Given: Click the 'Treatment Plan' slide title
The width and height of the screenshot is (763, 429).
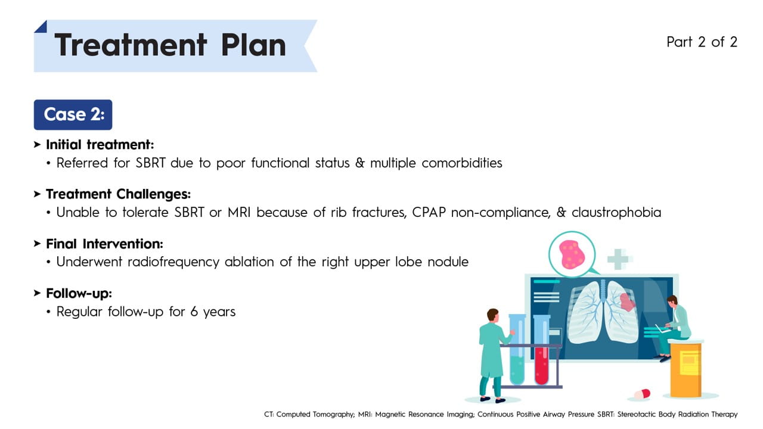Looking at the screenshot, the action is click(x=170, y=45).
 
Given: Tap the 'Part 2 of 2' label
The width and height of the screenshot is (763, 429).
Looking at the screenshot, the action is click(x=702, y=42).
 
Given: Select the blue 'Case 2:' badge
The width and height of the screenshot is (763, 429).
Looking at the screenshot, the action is click(x=73, y=115).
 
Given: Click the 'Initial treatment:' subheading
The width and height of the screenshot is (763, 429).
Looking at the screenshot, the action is click(x=100, y=145).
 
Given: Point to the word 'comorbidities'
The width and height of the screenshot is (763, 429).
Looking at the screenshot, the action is click(x=462, y=163).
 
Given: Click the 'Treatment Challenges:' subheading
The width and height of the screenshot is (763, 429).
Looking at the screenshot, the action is click(x=118, y=194).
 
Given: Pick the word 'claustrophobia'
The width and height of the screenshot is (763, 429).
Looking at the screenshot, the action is click(x=616, y=213).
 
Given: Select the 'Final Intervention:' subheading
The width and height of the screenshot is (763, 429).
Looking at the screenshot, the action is click(x=104, y=244).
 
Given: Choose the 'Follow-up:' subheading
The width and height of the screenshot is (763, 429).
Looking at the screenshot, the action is click(x=79, y=294).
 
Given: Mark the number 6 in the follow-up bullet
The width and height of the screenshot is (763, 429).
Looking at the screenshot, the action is click(x=194, y=312).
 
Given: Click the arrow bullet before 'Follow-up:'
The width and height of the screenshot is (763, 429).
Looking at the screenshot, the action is click(x=37, y=293).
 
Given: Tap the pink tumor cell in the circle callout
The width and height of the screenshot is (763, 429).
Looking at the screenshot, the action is click(x=572, y=254).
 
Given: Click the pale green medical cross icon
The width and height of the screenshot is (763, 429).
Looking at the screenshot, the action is click(x=618, y=259).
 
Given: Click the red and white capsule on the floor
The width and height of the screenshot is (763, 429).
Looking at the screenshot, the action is click(x=642, y=394).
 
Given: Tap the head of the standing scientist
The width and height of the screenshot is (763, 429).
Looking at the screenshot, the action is click(x=492, y=315).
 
